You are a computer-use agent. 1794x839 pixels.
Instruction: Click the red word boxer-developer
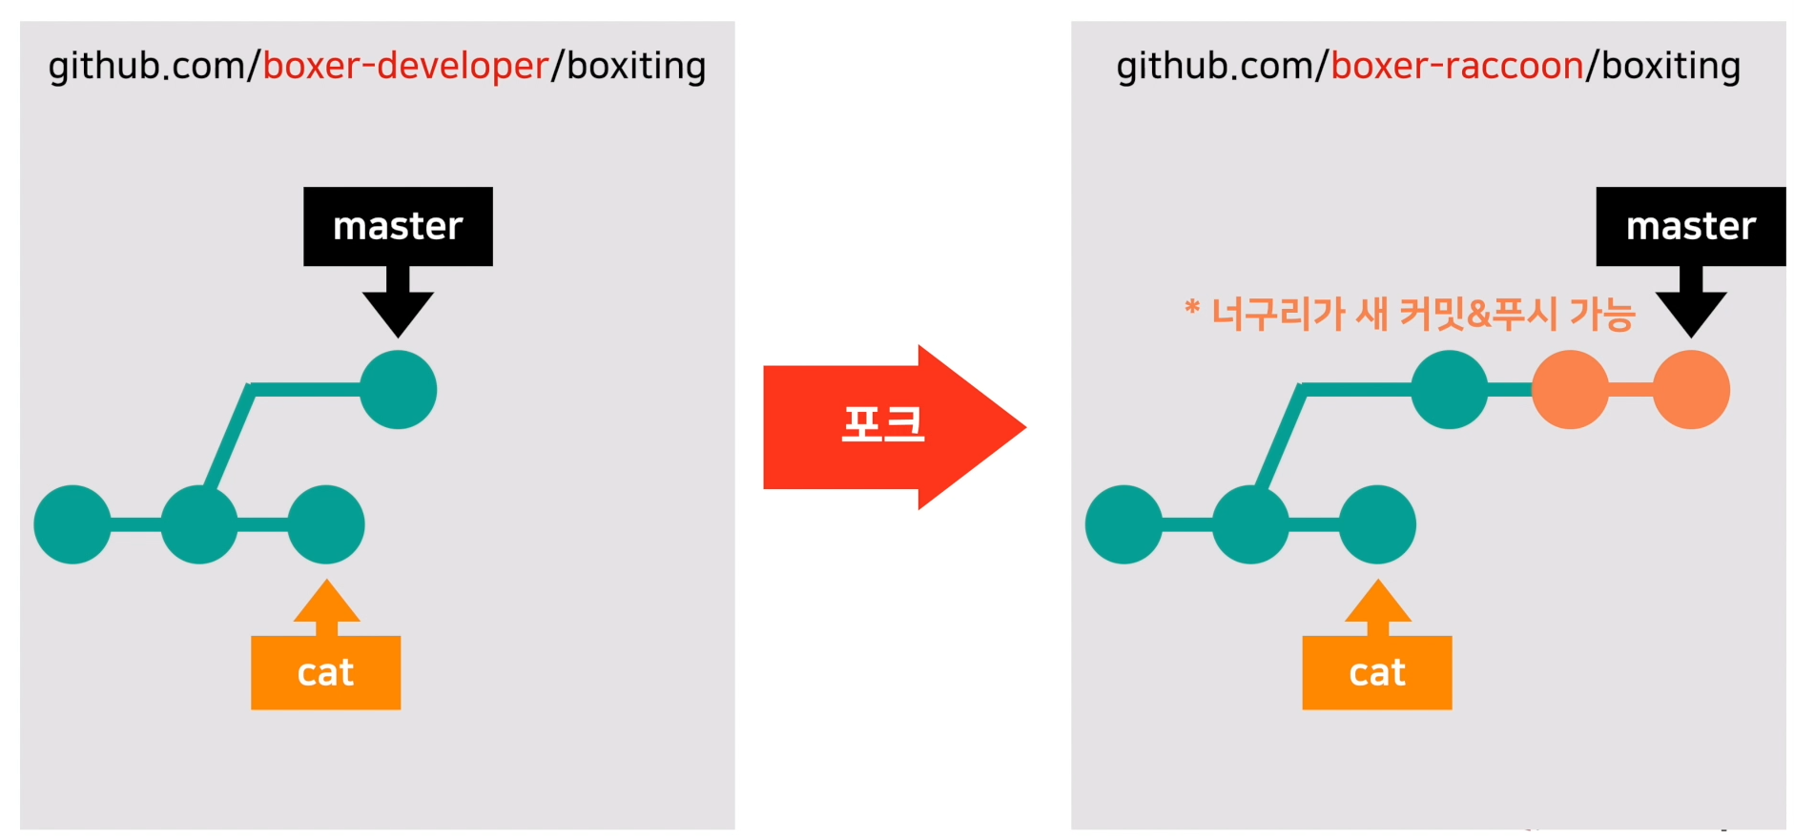click(405, 66)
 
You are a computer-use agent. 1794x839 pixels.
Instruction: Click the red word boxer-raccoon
click(1456, 66)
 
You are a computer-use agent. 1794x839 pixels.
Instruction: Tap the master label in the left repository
click(398, 226)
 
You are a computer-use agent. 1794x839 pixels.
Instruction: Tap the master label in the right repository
click(1690, 226)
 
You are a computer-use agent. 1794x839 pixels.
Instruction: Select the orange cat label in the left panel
click(325, 672)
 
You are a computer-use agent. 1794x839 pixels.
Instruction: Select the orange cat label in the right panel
click(1376, 672)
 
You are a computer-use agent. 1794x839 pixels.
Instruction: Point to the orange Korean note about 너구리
click(1410, 313)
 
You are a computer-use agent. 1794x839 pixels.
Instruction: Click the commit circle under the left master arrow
click(398, 389)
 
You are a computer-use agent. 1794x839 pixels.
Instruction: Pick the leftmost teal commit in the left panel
click(72, 524)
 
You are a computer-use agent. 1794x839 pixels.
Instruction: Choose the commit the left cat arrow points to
click(326, 524)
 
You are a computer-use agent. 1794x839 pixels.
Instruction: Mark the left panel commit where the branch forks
click(199, 524)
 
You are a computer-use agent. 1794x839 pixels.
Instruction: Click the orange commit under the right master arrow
click(1691, 389)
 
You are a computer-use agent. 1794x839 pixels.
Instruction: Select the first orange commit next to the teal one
click(1570, 389)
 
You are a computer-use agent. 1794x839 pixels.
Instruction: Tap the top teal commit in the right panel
click(1449, 389)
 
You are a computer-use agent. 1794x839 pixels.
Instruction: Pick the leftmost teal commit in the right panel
click(1124, 524)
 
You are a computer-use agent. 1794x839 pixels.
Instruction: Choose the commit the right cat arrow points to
click(1377, 524)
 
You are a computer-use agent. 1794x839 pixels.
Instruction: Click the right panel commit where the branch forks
click(1250, 524)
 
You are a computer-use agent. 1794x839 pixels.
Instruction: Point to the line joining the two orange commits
click(1631, 389)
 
